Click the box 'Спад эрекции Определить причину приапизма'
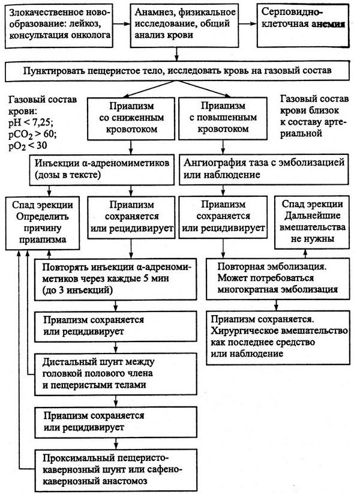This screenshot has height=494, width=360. tap(43, 221)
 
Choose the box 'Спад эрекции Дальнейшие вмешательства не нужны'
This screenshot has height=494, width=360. tap(312, 221)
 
